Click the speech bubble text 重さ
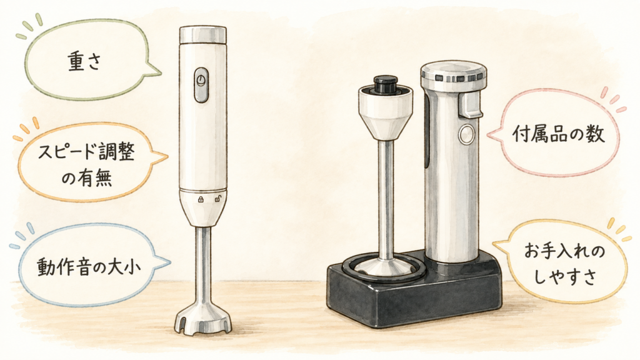84,62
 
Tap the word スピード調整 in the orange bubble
86,153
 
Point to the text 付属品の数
558,134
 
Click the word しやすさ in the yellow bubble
565,277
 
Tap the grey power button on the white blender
201,85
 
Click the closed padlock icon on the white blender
201,199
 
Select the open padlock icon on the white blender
218,199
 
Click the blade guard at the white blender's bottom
203,317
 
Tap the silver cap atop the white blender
203,35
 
